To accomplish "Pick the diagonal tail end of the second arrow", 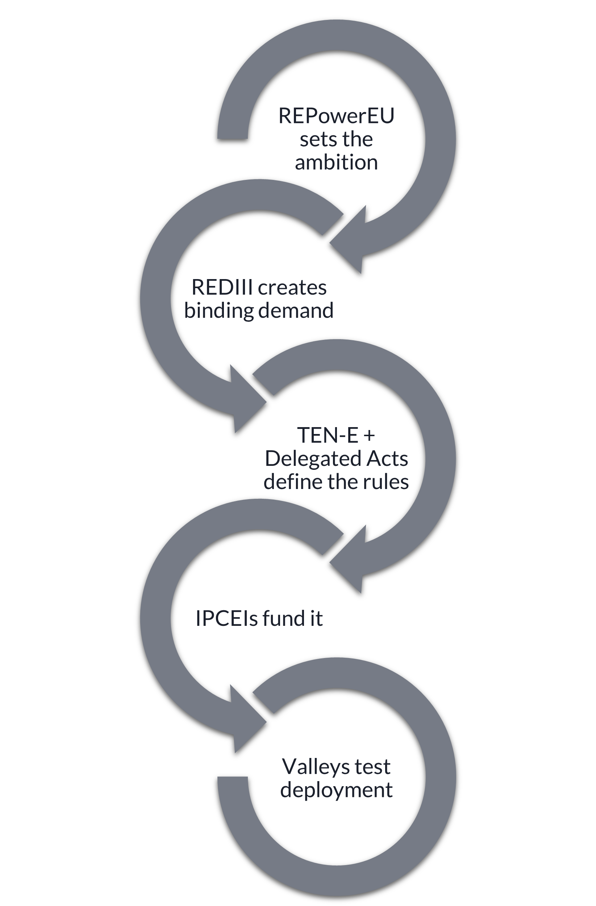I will pos(333,224).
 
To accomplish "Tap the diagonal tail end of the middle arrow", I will pos(263,384).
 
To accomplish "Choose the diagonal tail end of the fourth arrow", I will pos(333,544).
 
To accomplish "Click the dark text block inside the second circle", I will pos(259,303).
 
